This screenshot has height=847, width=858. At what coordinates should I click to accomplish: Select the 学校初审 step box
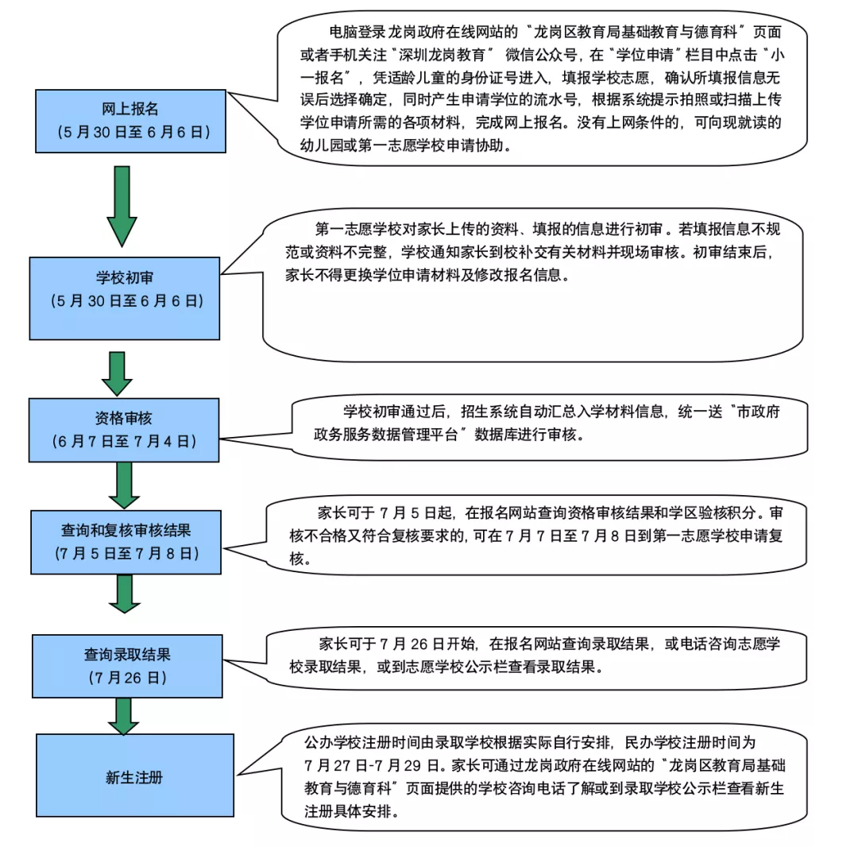[125, 298]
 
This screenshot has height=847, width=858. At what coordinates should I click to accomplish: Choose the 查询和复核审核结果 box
[126, 541]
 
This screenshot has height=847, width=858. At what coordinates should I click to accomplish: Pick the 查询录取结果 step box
[127, 666]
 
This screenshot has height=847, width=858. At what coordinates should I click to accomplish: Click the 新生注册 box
[134, 775]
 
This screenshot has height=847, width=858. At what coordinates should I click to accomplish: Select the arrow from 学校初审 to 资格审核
[118, 373]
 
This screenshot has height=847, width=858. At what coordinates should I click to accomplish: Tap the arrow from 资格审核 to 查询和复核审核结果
[124, 485]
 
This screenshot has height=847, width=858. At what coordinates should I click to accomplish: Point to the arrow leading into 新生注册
[123, 717]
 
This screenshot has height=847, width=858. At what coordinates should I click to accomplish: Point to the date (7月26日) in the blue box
[127, 678]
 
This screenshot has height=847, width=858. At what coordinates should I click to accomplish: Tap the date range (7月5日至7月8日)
[126, 552]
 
